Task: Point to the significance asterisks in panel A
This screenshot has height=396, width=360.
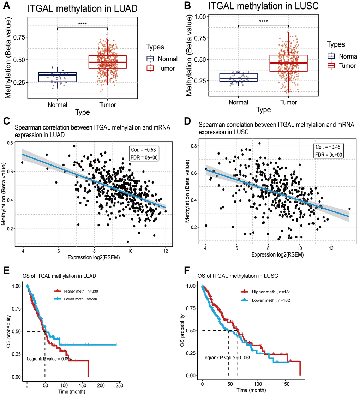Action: (82, 24)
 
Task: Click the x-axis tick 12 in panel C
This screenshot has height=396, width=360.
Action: (165, 251)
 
